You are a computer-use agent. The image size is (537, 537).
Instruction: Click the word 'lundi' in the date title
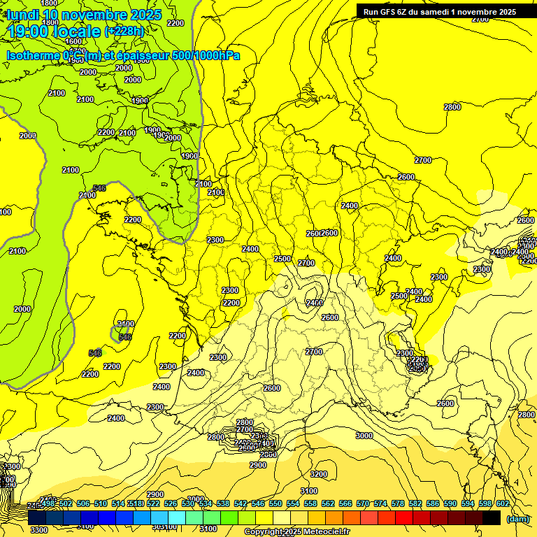pos(23,15)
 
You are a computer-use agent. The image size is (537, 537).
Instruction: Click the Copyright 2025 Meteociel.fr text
pos(296,532)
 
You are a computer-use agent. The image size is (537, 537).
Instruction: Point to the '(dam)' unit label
pos(517,520)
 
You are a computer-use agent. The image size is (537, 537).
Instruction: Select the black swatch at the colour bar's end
pos(492,517)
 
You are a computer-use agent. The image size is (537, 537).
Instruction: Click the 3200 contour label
pos(318,474)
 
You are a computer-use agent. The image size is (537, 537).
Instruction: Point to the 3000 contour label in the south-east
pos(364,436)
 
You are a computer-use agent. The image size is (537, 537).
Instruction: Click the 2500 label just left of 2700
pos(282,259)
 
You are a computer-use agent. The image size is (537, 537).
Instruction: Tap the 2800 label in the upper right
pos(452,107)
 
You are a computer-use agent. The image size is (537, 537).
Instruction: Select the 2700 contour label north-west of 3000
pos(314,351)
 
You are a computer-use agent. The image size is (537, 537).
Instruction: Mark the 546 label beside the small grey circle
pos(125,337)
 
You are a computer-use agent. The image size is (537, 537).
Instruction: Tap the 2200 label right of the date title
pos(176,23)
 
